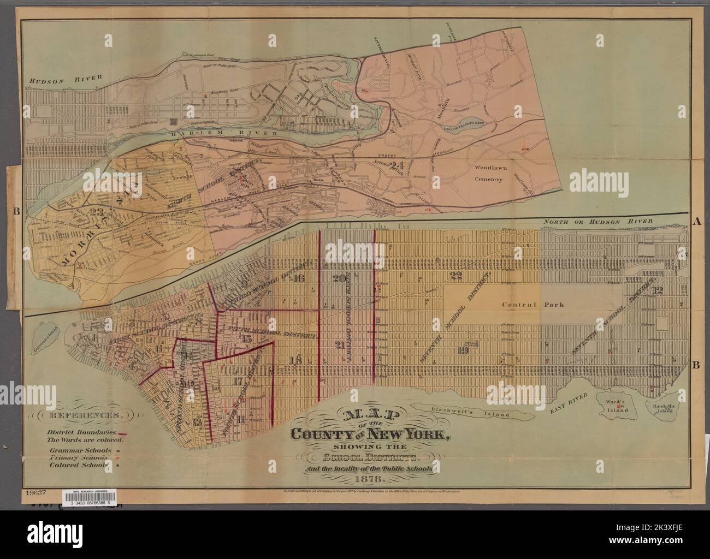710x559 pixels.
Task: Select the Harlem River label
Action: tap(210, 134)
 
